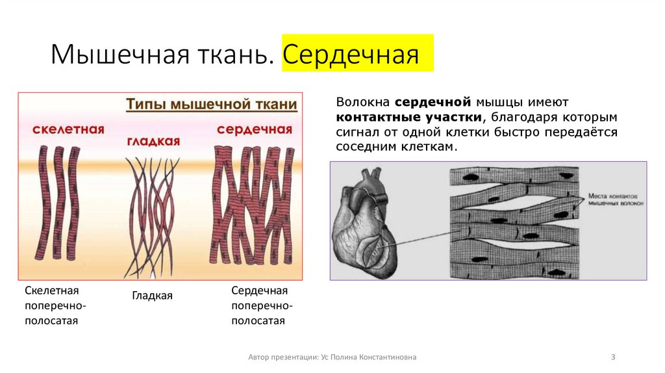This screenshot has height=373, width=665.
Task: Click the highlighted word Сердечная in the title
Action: (x=350, y=55)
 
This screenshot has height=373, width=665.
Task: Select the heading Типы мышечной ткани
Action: (x=211, y=105)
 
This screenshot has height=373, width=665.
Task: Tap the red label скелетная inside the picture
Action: (x=68, y=129)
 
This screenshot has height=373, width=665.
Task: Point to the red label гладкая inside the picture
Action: (x=153, y=141)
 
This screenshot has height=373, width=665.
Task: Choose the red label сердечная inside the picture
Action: (x=254, y=129)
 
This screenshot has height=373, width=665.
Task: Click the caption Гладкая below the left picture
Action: (x=153, y=296)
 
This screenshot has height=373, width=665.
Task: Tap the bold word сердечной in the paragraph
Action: (x=432, y=103)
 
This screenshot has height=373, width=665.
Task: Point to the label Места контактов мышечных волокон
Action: (x=614, y=199)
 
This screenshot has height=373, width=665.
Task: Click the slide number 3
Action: (x=613, y=357)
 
